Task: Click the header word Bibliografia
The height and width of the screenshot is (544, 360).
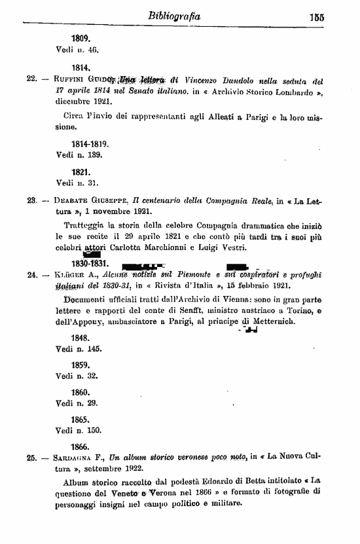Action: [x=174, y=14]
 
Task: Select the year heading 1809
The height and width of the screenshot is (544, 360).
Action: [x=81, y=39]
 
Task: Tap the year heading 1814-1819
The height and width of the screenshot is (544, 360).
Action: [x=90, y=143]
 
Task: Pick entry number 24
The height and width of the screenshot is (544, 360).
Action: [x=30, y=275]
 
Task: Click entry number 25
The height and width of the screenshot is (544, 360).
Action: [x=30, y=458]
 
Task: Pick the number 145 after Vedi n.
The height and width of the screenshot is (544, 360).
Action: [x=94, y=350]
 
